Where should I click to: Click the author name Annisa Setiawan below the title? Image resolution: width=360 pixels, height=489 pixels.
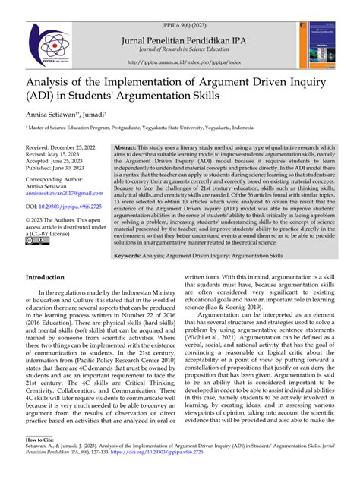50,112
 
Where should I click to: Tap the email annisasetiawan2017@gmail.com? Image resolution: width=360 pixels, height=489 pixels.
63,194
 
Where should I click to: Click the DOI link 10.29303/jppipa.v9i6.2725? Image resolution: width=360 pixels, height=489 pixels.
74,207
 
